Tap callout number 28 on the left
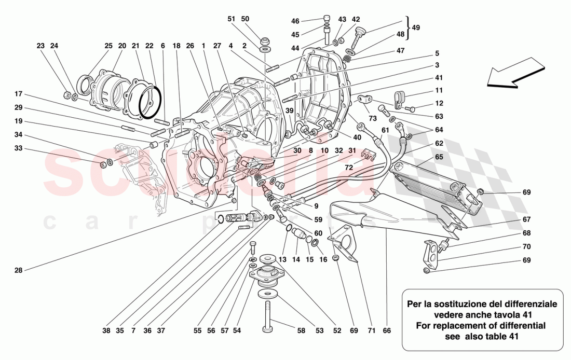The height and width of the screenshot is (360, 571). pos(19,270)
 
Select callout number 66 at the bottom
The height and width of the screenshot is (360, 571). pos(387,330)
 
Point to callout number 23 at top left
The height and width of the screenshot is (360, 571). pos(40,46)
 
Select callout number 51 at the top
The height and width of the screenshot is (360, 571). pos(232,19)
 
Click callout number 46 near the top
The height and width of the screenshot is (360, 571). pos(295,21)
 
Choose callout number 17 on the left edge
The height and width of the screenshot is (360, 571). pos(19,94)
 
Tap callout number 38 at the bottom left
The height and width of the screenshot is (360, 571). pos(106,330)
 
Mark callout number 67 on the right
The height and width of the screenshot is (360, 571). pos(527,219)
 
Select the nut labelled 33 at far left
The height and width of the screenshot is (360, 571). pos(103,164)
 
